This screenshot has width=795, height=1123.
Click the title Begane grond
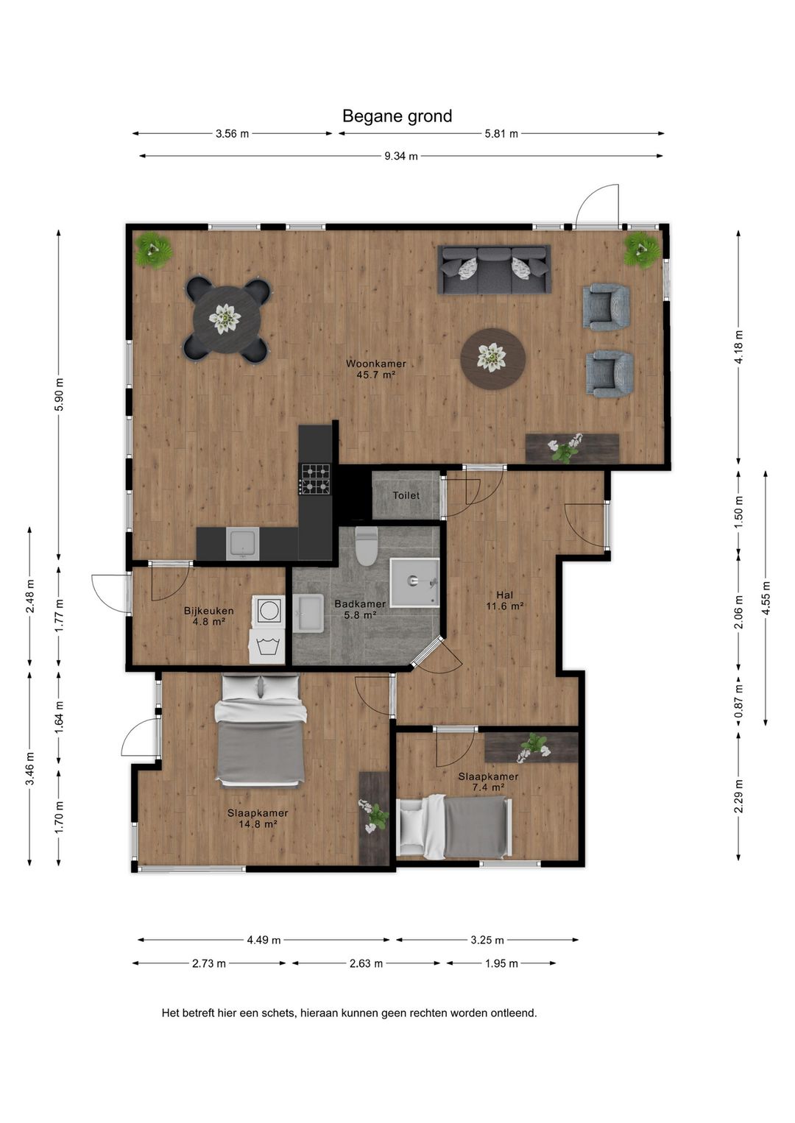point(397,116)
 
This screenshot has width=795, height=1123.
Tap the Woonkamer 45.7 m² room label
point(375,369)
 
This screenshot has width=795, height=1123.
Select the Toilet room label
point(406,495)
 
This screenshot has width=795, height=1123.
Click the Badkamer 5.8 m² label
point(360,609)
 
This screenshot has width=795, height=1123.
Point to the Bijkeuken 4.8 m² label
point(208,615)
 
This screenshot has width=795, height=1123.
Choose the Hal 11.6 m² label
point(504,601)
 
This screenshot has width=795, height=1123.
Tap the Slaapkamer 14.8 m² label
point(257,818)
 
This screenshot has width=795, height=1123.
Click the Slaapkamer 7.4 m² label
point(488,782)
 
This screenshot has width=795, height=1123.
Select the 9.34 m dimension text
point(401,156)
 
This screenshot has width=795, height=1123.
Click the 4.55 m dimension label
point(766,597)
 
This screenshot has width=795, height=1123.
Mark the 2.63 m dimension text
point(366,963)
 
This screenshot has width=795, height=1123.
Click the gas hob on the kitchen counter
point(316,478)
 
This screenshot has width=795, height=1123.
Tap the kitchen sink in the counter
point(242,544)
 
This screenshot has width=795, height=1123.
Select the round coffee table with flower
point(492,358)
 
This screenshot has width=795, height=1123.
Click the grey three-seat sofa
point(494,269)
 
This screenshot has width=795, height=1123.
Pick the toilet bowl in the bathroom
point(366,546)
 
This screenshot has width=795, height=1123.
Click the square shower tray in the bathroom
point(414,582)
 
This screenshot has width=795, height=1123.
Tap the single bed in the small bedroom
point(454,826)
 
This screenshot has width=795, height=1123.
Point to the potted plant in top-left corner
point(153,249)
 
